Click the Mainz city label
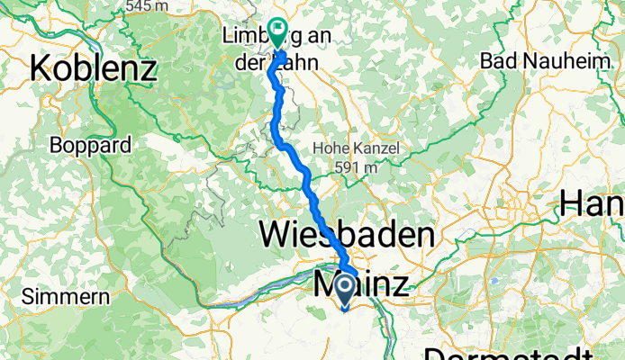click(360, 286)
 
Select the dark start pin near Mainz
click(344, 290)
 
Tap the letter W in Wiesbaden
click(275, 235)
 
